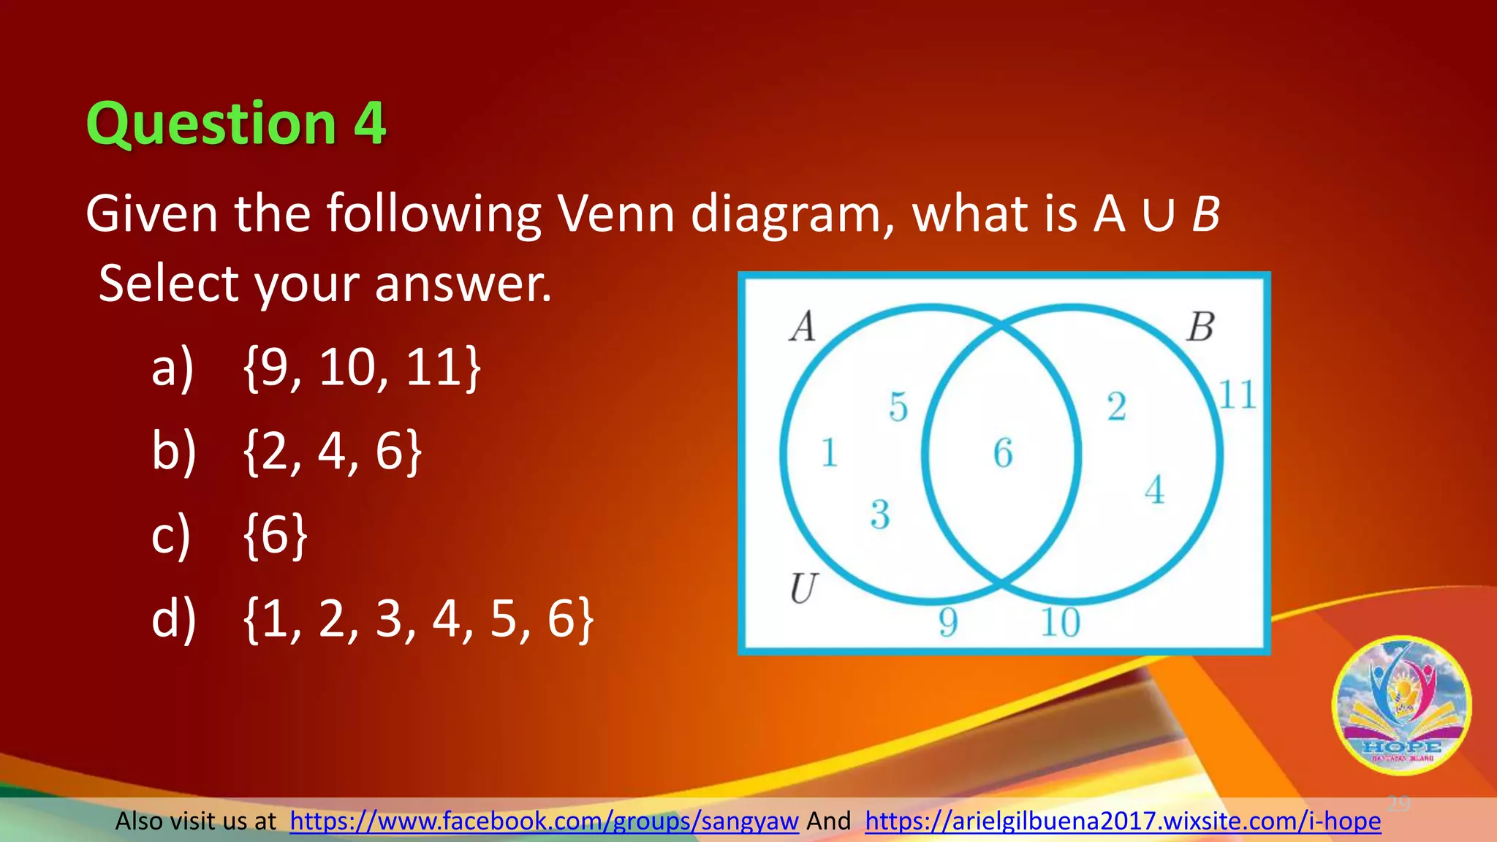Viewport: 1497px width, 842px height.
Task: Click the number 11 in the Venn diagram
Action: click(1238, 395)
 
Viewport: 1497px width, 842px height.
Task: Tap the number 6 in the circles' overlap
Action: click(1003, 453)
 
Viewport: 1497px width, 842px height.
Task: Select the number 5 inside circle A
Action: click(898, 407)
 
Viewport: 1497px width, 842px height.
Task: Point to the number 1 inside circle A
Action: click(829, 452)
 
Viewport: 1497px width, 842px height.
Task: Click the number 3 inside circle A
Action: click(880, 515)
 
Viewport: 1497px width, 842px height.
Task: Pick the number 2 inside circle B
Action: click(1116, 407)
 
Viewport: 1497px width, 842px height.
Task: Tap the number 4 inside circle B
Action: click(1155, 490)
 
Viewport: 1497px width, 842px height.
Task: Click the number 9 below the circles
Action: click(948, 623)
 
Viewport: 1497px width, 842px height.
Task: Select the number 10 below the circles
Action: click(1061, 623)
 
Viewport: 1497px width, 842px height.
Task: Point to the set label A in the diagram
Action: click(803, 327)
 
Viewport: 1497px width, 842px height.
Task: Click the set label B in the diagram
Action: click(1200, 327)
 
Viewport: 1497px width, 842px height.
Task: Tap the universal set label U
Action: click(803, 588)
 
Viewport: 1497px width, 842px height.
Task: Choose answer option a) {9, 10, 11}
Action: click(362, 367)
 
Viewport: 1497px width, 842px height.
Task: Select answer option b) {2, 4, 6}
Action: click(333, 451)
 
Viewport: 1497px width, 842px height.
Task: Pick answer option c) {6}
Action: click(275, 535)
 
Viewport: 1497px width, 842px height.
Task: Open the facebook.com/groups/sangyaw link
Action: click(544, 821)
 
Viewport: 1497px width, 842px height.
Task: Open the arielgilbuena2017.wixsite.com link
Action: click(1123, 821)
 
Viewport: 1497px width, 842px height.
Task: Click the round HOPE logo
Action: click(1401, 706)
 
